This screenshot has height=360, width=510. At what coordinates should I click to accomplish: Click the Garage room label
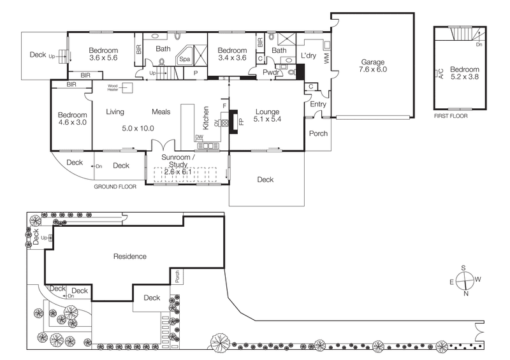[x=372, y=62]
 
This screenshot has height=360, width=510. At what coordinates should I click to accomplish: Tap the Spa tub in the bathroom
[x=185, y=55]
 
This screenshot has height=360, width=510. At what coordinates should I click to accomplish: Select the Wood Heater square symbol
[x=127, y=87]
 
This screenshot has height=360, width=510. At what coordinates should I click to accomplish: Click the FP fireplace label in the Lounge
[x=241, y=122]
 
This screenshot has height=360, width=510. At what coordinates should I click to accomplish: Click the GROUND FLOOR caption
[x=115, y=187]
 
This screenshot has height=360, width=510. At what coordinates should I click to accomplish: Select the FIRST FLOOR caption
[x=451, y=116]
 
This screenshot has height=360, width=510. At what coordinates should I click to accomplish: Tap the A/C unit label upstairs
[x=441, y=73]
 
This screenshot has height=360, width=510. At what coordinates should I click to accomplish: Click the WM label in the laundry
[x=326, y=59]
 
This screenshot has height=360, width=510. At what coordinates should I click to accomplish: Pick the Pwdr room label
[x=270, y=72]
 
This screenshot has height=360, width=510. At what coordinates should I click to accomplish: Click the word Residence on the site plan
[x=130, y=257]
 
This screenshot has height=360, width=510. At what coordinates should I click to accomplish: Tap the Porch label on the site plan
[x=177, y=277]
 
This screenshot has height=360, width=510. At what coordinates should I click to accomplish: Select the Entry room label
[x=317, y=104]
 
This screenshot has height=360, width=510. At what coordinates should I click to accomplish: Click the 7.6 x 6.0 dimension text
[x=373, y=69]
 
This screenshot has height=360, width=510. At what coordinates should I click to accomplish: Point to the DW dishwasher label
[x=199, y=137]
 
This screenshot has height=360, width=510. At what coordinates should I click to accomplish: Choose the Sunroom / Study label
[x=178, y=161]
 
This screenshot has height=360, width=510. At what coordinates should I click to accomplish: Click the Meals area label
[x=161, y=112]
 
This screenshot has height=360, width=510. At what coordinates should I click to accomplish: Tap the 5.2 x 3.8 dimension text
[x=465, y=76]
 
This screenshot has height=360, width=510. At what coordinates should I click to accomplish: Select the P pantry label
[x=196, y=73]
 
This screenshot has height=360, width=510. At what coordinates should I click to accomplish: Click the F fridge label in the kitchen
[x=224, y=106]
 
